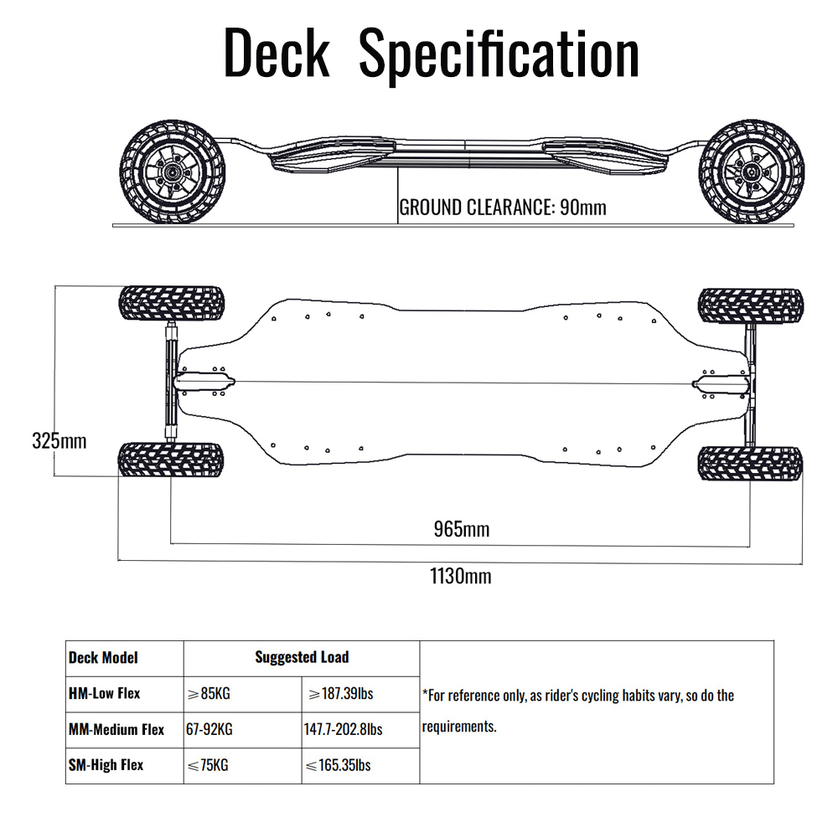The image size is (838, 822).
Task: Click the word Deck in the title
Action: point(277,53)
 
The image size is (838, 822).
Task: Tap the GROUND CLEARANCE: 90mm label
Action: point(503,207)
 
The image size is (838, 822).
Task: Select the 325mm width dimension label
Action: point(59,441)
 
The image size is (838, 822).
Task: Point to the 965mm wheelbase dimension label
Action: point(462,529)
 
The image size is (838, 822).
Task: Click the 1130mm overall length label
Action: point(461,576)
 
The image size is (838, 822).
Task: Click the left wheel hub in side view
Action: point(172,172)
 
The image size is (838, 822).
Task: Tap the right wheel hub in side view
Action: point(752,172)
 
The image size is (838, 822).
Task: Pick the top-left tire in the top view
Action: point(172,303)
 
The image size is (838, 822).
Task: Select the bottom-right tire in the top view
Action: point(750,463)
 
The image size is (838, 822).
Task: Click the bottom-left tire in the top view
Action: point(170,460)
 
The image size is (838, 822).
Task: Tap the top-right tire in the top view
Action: point(751,306)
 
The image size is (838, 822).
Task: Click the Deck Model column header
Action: point(103,658)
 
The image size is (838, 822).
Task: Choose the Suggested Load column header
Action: point(302,657)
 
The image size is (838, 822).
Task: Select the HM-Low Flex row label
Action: point(104,693)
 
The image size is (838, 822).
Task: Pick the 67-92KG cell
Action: point(209,729)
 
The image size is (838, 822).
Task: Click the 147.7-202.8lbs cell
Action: point(343,729)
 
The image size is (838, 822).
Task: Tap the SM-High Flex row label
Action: point(106,765)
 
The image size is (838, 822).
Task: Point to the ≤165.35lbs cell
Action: point(339,765)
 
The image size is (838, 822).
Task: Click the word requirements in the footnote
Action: point(459,727)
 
